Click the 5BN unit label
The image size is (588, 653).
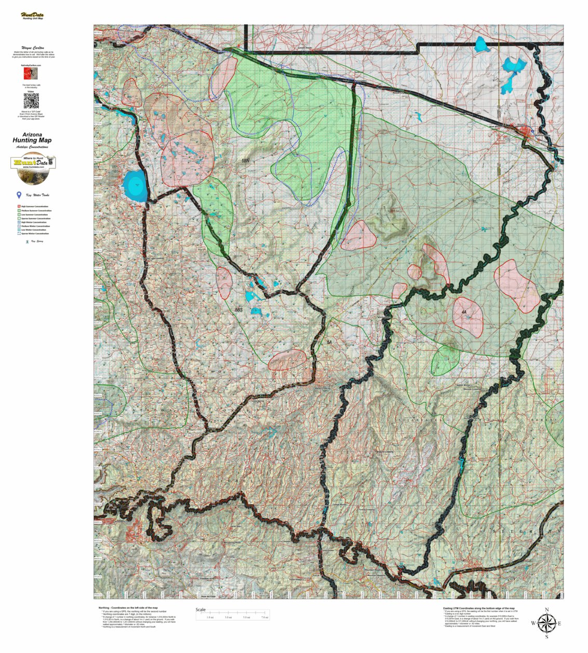[246, 161]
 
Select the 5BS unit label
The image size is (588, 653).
[238, 310]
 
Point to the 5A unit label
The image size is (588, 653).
[329, 343]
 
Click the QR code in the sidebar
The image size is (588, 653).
[31, 100]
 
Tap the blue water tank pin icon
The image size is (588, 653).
[19, 195]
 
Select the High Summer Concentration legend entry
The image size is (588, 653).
[34, 207]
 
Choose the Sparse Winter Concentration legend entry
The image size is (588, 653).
[34, 234]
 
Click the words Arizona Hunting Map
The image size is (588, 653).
[32, 138]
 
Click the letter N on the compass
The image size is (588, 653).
[546, 609]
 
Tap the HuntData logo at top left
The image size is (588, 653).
[32, 16]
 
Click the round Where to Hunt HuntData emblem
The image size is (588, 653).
[32, 169]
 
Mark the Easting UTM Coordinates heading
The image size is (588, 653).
[478, 608]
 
